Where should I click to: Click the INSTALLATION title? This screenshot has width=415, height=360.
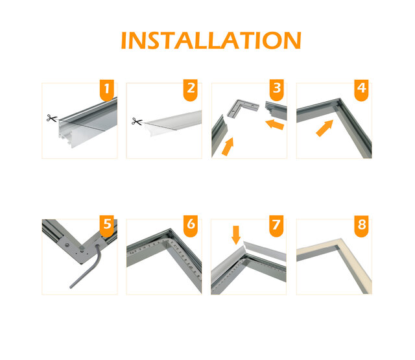click(x=211, y=40)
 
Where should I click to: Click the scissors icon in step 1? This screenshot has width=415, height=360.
click(x=51, y=118)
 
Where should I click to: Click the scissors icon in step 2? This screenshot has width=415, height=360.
click(x=137, y=121)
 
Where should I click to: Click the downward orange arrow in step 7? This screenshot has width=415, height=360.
click(x=236, y=234)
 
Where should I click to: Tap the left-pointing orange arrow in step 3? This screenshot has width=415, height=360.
click(x=275, y=123)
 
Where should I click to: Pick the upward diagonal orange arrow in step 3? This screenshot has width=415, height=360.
click(x=228, y=146)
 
